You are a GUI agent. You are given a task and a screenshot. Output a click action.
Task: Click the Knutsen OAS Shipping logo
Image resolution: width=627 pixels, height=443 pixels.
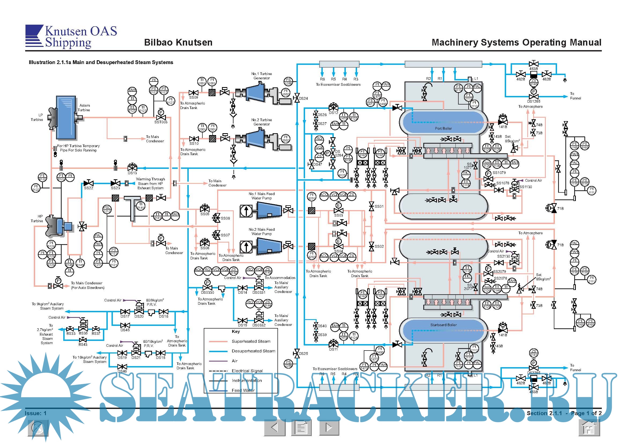(71, 36)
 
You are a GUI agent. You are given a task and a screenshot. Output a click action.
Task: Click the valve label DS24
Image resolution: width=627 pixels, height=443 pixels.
(303, 98)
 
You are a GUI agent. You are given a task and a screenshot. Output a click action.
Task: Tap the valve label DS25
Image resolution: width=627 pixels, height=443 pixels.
(303, 353)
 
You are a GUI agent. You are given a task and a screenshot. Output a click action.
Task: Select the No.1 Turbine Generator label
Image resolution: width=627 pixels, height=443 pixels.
(261, 76)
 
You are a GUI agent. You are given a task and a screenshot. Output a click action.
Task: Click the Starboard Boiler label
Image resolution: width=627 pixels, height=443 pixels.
(443, 325)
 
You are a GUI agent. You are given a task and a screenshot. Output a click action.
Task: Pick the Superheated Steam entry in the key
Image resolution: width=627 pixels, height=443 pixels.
(251, 341)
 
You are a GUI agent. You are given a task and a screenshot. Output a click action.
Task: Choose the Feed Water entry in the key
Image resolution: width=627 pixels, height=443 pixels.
(243, 390)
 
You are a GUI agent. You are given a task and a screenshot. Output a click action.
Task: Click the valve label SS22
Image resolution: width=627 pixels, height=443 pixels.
(88, 188)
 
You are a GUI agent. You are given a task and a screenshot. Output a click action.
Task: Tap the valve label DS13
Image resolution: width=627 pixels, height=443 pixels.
(132, 173)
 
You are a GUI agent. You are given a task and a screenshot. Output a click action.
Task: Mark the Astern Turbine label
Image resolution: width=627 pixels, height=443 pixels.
(84, 107)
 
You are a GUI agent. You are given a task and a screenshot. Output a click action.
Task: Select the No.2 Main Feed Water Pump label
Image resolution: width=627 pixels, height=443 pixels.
(261, 232)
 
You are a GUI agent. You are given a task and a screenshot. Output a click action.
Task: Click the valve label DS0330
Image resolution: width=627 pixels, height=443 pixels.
(207, 292)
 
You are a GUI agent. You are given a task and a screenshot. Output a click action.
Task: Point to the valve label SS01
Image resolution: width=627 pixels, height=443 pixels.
(379, 206)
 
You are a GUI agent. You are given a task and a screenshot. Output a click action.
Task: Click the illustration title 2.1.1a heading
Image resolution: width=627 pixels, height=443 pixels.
(101, 62)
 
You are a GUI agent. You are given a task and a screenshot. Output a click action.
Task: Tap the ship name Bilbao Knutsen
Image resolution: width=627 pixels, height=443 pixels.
(178, 42)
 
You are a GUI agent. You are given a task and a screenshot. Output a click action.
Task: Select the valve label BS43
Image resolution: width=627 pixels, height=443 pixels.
(83, 344)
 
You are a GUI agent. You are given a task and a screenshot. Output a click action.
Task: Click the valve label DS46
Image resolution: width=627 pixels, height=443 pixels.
(122, 371)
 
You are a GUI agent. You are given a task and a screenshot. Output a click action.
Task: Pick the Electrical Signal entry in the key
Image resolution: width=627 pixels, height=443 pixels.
(247, 371)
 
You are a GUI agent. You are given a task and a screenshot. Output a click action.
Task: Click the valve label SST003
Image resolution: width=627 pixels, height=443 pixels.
(161, 122)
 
